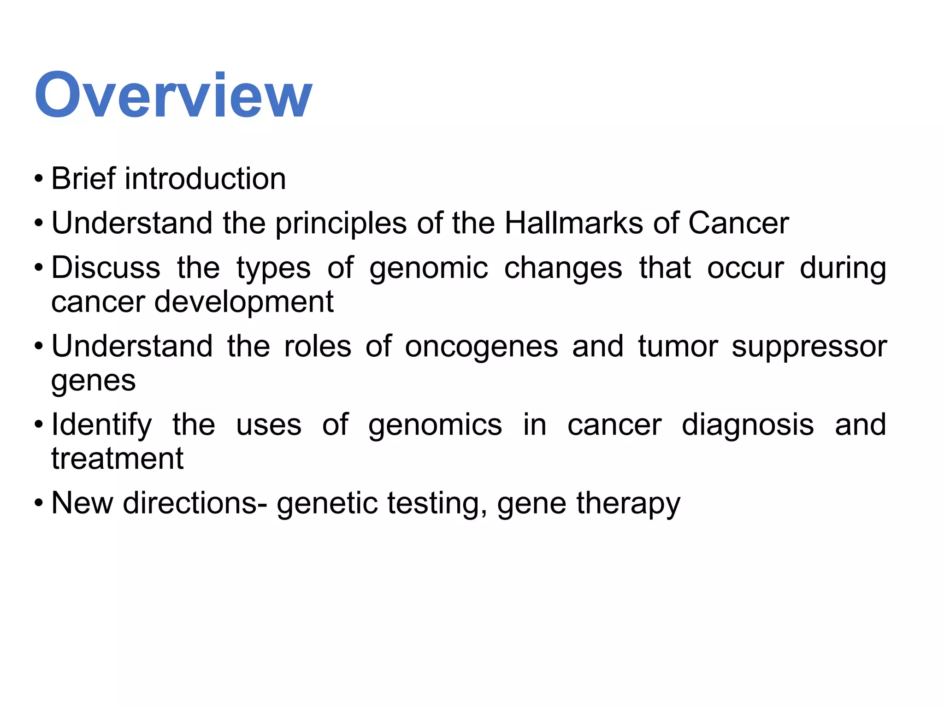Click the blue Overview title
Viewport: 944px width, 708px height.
tap(173, 95)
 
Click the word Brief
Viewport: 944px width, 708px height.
tap(83, 178)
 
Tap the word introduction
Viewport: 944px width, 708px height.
tap(205, 178)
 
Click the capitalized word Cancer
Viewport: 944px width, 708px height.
tap(738, 223)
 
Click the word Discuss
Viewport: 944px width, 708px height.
tap(106, 267)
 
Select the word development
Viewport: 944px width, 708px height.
tap(244, 302)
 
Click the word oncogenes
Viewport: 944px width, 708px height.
tap(481, 347)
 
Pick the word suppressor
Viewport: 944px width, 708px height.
tap(809, 347)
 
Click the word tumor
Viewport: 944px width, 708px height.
tap(678, 346)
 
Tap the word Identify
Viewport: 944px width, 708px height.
tap(101, 425)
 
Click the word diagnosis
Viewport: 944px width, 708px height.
tap(748, 425)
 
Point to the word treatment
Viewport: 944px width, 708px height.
tap(117, 459)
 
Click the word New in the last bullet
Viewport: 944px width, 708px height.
tap(82, 503)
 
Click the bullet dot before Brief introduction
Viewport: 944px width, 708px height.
tap(39, 179)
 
